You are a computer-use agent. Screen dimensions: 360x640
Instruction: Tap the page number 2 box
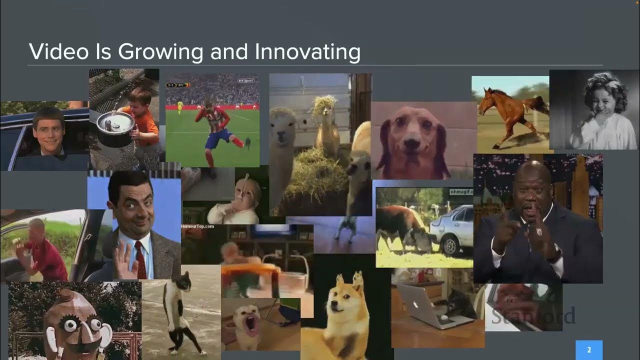click(589, 350)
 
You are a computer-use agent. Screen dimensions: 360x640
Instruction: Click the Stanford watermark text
click(533, 316)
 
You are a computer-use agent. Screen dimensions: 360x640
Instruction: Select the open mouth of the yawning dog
click(248, 327)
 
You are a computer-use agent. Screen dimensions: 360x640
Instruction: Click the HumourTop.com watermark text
click(197, 226)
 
